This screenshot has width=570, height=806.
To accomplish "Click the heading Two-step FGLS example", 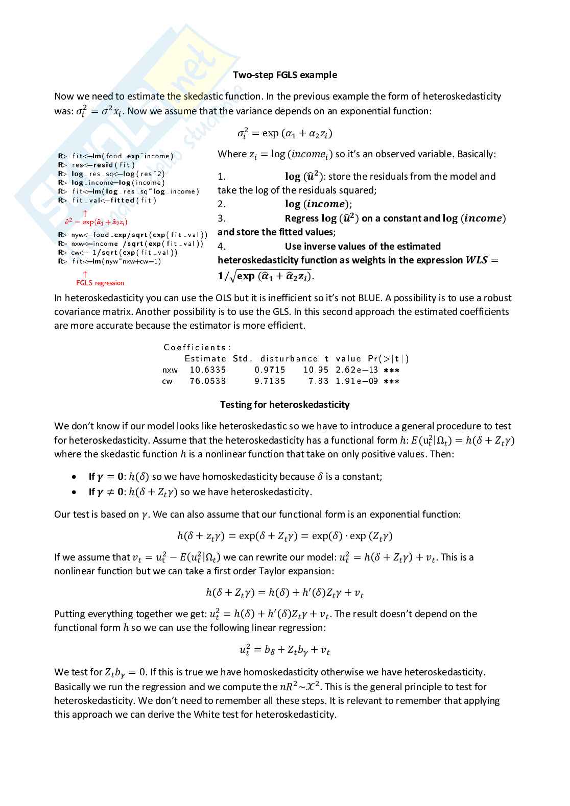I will click(284, 75).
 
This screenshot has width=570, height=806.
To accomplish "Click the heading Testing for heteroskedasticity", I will click(284, 405).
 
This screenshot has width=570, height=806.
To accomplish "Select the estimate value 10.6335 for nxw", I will click(207, 370).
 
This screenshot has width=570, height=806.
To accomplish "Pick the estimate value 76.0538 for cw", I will click(207, 381).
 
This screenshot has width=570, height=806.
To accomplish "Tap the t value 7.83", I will click(318, 381).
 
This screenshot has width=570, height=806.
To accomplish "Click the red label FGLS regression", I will click(100, 283).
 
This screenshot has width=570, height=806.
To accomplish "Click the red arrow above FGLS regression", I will click(85, 274).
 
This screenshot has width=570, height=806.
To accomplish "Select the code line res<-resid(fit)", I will click(103, 165).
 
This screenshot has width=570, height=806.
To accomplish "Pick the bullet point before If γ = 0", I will click(75, 477).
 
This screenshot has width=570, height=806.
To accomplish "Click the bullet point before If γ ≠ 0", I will click(75, 492).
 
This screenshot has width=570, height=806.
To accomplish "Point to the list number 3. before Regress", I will click(221, 218).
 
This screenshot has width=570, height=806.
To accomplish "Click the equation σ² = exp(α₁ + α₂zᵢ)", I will click(284, 134).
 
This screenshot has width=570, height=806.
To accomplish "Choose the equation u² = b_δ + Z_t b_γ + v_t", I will click(284, 650).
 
